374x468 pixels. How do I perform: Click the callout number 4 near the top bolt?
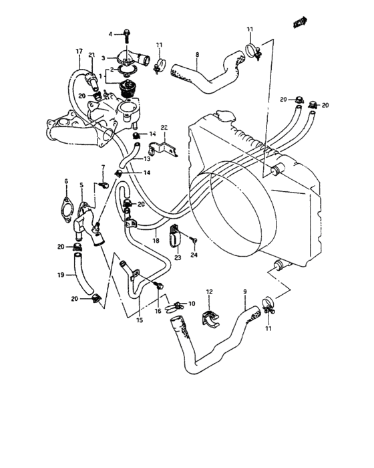click(111, 33)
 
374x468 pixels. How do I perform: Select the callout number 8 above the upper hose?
click(197, 54)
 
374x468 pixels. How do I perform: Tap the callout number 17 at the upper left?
click(78, 51)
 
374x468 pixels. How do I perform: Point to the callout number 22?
click(163, 127)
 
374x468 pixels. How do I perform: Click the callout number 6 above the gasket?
click(66, 181)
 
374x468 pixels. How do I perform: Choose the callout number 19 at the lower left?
click(60, 275)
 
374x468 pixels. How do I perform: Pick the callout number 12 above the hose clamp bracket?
click(208, 291)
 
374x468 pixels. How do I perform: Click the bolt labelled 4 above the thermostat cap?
click(126, 33)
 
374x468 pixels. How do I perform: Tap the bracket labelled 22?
click(162, 144)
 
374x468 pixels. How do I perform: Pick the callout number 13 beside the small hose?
click(146, 159)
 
